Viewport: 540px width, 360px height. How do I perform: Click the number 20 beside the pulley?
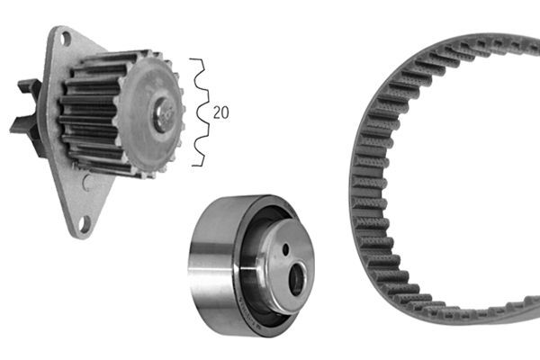coord(220,112)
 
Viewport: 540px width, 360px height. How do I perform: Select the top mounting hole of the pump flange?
coord(65,39)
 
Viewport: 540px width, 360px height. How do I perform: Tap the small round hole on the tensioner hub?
coord(284,249)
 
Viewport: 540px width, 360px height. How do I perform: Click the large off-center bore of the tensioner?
coord(294,279)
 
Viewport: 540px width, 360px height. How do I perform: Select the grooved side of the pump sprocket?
coord(90,112)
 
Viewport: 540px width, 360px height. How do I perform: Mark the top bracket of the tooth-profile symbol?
coord(195,61)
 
